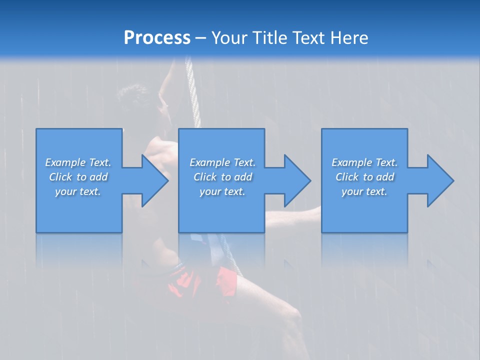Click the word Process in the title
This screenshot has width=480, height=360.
pyautogui.click(x=157, y=38)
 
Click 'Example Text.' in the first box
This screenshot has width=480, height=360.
pyautogui.click(x=78, y=162)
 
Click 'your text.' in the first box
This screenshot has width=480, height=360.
pyautogui.click(x=78, y=191)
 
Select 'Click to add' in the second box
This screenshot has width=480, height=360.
pyautogui.click(x=222, y=177)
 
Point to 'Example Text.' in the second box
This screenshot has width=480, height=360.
pyautogui.click(x=222, y=162)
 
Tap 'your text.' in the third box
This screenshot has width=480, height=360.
pyautogui.click(x=364, y=191)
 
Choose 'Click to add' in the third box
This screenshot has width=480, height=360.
pyautogui.click(x=364, y=177)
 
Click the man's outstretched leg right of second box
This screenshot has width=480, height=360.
pyautogui.click(x=295, y=215)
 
